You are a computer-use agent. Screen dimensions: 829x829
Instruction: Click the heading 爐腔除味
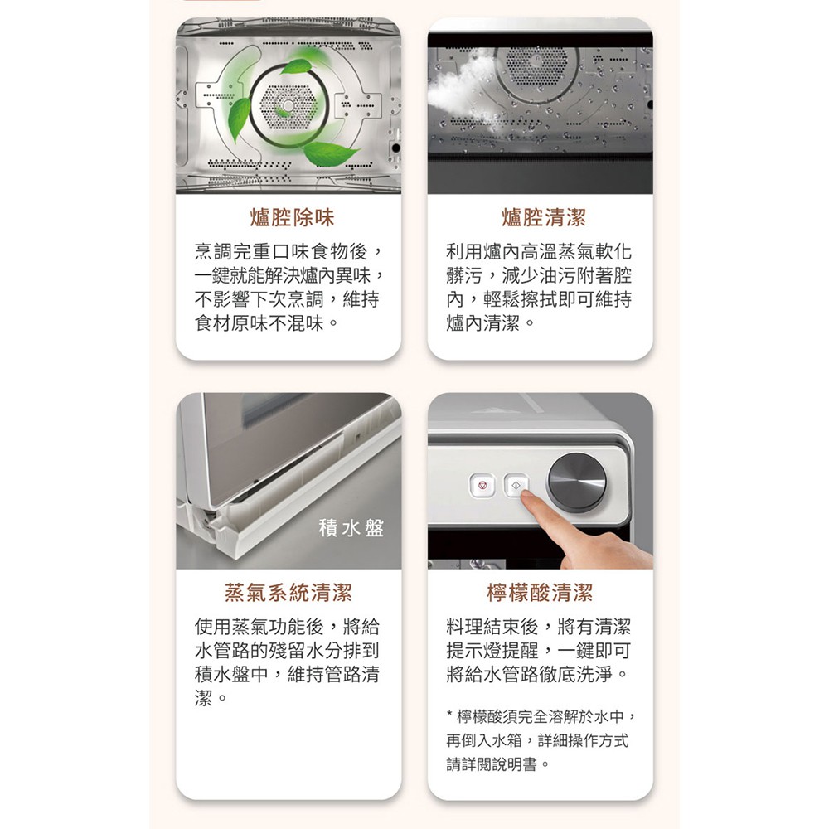[x=292, y=217]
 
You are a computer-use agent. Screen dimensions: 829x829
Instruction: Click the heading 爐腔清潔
[x=544, y=217]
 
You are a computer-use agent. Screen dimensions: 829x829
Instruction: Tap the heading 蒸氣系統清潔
[x=288, y=593]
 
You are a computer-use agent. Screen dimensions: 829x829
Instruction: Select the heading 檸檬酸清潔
[x=540, y=593]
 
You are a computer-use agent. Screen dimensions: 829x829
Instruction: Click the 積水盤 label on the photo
[x=351, y=527]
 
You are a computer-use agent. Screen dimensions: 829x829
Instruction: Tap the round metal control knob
[x=577, y=482]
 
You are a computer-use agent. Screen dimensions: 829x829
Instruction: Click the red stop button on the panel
[x=482, y=485]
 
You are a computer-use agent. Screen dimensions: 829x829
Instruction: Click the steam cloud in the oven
[x=460, y=95]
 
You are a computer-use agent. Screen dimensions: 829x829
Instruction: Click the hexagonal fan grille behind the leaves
[x=288, y=107]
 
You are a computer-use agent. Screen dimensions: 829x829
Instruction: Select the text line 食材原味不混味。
[x=266, y=322]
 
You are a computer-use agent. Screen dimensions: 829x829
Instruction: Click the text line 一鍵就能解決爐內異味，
[x=289, y=275]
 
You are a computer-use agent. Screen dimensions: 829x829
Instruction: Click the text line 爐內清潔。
[x=491, y=322]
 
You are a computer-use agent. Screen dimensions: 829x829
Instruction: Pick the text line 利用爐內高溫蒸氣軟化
[x=539, y=251]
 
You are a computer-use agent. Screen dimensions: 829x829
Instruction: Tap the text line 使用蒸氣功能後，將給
[x=287, y=627]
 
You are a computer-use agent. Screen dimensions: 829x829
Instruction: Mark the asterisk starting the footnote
[x=449, y=715]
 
